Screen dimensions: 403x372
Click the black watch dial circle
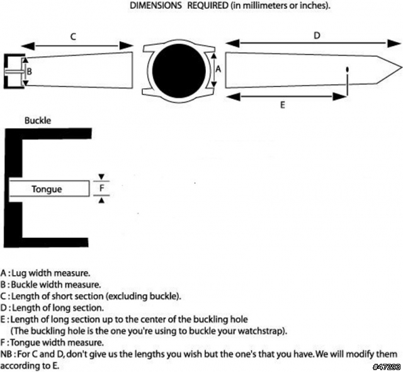[x=179, y=70]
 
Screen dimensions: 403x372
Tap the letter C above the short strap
[x=73, y=37]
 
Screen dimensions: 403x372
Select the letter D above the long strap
[x=317, y=35]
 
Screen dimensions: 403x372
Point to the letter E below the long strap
[x=283, y=105]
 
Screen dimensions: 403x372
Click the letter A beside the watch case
[x=218, y=69]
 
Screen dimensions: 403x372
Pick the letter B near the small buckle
[x=30, y=71]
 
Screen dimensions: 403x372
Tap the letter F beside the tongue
[x=102, y=188]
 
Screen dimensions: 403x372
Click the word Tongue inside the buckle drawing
[x=47, y=189]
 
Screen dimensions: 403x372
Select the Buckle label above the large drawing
[x=38, y=120]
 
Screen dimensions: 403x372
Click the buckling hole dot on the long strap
[x=348, y=69]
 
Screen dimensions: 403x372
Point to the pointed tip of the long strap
[x=401, y=68]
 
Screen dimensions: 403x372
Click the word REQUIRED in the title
[x=208, y=6]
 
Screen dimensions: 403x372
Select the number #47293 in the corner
[x=387, y=366]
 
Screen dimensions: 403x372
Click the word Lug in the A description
[x=19, y=273]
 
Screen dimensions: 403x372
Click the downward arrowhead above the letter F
[x=101, y=177]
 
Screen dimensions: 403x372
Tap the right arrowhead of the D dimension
[x=394, y=43]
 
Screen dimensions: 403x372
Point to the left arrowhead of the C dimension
[x=28, y=46]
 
